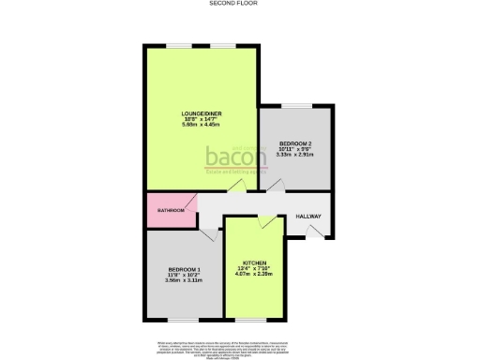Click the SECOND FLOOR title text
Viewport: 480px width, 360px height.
[x=239, y=4]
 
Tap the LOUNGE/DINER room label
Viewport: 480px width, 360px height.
[x=201, y=115]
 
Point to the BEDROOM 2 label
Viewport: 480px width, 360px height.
[x=295, y=143]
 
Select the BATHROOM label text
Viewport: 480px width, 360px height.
[x=170, y=211]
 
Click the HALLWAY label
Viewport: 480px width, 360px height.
[x=309, y=217]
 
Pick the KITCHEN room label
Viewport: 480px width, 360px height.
[x=256, y=262]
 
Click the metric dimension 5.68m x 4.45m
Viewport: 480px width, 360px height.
[x=201, y=127]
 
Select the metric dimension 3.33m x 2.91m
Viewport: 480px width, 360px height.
[x=295, y=155]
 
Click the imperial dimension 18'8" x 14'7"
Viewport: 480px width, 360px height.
[x=201, y=121]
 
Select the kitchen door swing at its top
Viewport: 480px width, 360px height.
[x=267, y=223]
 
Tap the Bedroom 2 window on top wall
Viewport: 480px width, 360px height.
[x=296, y=105]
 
